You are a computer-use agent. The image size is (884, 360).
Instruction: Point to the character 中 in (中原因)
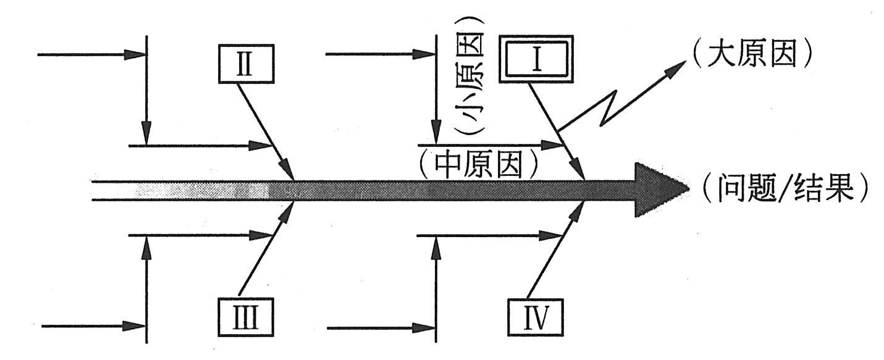coord(447,163)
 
